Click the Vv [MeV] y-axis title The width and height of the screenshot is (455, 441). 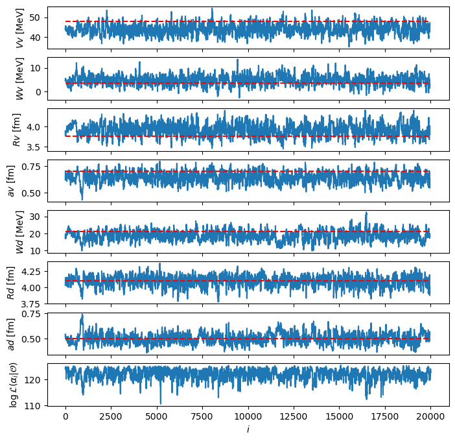19,29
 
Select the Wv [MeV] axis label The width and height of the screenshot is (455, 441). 19,79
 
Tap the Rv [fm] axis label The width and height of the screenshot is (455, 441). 17,130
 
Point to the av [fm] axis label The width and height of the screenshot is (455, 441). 11,181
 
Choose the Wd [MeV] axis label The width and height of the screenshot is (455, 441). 19,232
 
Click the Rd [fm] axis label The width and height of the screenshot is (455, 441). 11,283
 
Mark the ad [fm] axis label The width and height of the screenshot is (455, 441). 11,334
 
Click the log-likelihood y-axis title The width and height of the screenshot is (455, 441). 13,385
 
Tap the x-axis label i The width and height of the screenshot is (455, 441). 248,429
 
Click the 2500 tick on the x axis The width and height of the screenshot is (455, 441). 111,416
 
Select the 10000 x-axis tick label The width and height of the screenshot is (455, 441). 248,416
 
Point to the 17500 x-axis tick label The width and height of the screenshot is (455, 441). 385,416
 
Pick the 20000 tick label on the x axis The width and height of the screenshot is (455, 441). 430,416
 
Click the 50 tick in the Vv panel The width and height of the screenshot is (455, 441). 34,18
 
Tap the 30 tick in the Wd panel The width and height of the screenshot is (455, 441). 34,217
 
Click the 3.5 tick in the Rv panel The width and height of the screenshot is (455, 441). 33,147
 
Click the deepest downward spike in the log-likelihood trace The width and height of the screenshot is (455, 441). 161,403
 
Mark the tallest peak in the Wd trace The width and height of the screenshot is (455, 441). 366,213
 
